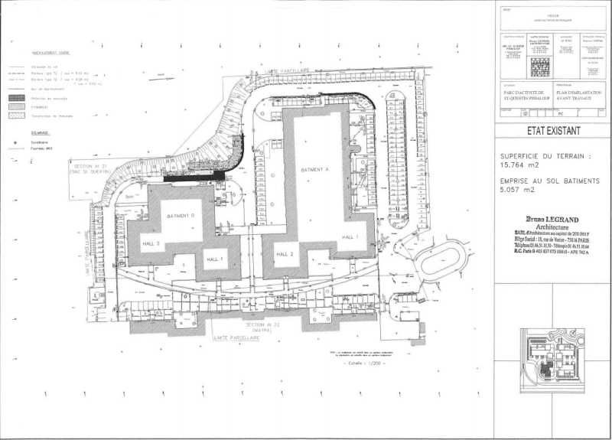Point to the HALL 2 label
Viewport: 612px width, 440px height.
coord(286,253)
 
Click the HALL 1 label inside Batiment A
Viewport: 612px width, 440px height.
coord(350,237)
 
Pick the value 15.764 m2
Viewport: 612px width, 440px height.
coord(521,164)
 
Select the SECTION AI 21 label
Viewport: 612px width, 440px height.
coord(89,165)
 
